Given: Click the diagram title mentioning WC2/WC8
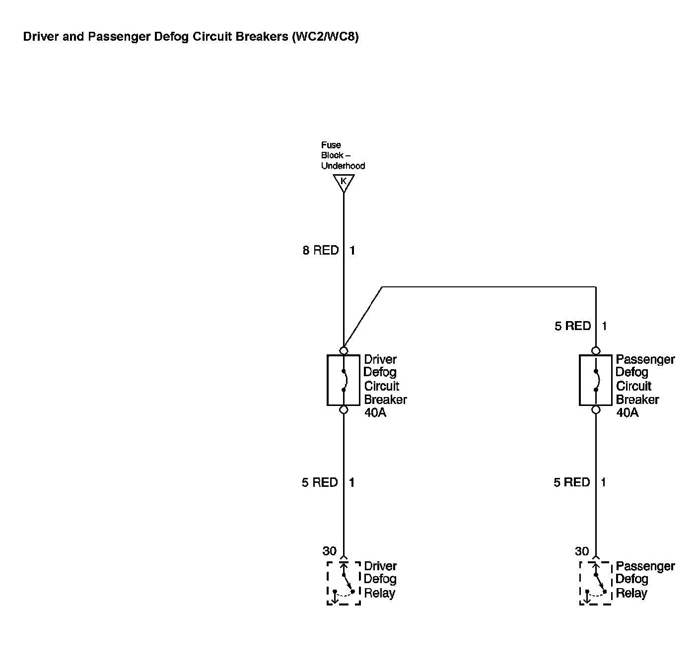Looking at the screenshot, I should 191,37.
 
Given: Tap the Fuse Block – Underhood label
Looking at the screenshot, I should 343,155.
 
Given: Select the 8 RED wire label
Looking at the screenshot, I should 320,251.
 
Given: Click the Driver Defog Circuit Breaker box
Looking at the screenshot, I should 343,380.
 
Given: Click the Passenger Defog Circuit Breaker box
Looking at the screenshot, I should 595,380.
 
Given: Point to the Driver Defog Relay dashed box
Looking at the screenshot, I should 343,583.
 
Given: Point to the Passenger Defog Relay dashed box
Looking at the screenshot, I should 595,583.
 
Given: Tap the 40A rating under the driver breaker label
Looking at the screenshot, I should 375,413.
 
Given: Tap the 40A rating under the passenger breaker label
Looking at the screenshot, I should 627,413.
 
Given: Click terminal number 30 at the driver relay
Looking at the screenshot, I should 329,551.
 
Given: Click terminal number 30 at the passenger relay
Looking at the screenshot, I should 582,551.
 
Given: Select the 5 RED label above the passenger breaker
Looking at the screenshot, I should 572,326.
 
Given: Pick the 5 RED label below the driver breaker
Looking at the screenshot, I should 320,482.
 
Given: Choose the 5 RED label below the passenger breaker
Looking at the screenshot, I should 571,482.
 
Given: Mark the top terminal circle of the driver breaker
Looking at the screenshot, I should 343,350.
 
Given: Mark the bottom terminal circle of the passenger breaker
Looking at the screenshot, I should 596,410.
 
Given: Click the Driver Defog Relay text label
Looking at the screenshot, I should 380,579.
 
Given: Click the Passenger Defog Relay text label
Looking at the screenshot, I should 645,579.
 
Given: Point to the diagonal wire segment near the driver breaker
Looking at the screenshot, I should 363,318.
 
